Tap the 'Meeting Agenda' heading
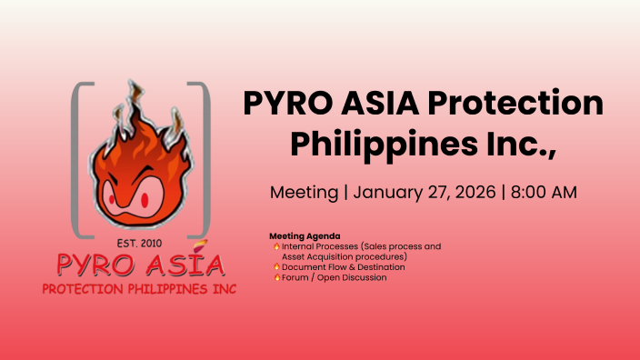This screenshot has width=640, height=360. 305,236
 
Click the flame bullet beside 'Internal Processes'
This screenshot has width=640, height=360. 276,246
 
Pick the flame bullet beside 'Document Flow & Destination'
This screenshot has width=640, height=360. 276,267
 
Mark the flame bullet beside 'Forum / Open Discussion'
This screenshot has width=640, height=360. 276,277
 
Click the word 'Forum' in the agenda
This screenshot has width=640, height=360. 296,277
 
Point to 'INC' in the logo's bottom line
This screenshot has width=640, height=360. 223,289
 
